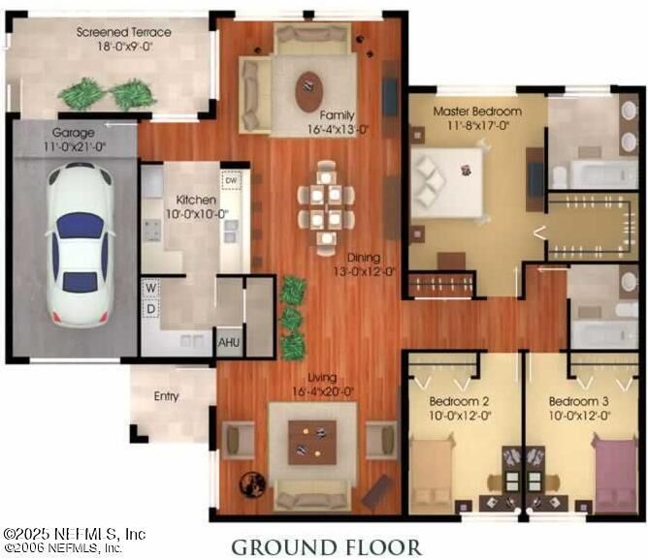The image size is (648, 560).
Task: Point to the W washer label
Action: coord(152,288)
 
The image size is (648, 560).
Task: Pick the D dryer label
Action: coord(152,308)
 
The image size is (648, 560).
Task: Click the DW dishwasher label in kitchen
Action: coord(231,180)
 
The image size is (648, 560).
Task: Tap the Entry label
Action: coord(167,395)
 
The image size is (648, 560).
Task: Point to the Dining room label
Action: coord(364,259)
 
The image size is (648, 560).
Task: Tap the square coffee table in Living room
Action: coord(311,442)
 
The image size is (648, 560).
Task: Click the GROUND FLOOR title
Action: coord(326,546)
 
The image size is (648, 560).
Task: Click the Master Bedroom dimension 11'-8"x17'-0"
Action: coord(476,125)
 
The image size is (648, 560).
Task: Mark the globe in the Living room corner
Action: coord(254,482)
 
